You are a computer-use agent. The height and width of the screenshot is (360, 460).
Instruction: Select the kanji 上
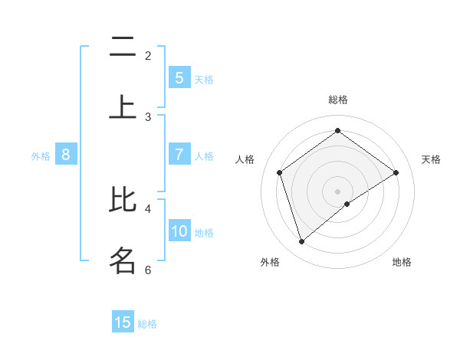pos(123,108)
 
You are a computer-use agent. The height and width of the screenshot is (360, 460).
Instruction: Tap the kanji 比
pos(123,200)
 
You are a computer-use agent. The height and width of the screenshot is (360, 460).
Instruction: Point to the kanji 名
pos(123,260)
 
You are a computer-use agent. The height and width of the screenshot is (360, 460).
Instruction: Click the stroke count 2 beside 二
pos(148,55)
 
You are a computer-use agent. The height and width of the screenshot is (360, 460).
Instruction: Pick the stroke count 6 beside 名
pos(148,270)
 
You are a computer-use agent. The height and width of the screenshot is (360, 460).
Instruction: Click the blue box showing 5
pos(179,78)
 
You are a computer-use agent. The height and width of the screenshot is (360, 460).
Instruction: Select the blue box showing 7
pos(179,155)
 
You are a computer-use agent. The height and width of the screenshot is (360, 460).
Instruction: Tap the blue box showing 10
pos(179,231)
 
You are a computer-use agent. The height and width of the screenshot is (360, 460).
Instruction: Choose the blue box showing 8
pos(66,155)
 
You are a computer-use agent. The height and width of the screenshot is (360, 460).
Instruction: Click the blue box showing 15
pos(123,322)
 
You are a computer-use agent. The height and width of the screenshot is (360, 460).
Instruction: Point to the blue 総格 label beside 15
pos(147,324)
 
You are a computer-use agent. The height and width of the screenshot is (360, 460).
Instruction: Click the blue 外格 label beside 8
pos(41,156)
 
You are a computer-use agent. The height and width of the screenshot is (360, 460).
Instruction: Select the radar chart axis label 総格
pos(338,100)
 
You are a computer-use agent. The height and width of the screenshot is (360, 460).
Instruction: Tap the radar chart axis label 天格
pos(431,159)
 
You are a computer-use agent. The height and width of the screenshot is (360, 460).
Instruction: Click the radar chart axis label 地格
pos(402,262)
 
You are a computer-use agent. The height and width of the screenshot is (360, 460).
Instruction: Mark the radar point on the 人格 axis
pos(280,172)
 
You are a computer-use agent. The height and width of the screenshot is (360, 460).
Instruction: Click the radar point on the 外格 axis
pos(301,242)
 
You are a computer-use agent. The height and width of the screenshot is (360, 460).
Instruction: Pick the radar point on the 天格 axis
pos(396,172)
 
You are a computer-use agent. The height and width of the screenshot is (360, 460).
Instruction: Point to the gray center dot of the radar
pos(338,191)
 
